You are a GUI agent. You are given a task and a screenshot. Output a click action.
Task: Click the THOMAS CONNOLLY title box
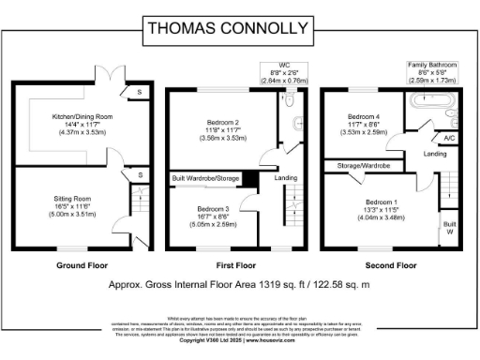(239, 29)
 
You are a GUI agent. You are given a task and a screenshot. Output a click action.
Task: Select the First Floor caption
(238, 265)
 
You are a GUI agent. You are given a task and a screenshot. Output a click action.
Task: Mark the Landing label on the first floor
(285, 177)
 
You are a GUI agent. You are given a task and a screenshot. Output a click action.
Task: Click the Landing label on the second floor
(434, 153)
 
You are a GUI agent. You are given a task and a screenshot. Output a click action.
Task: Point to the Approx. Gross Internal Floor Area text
(239, 282)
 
